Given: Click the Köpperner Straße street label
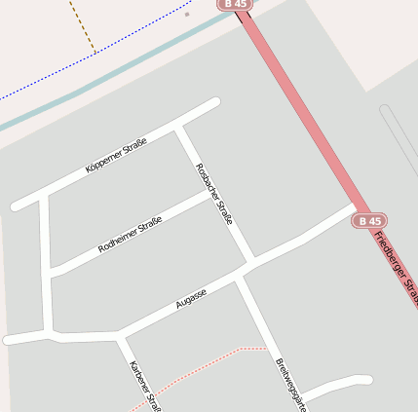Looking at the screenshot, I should pyautogui.click(x=116, y=157).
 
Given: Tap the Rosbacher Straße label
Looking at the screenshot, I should pyautogui.click(x=214, y=195).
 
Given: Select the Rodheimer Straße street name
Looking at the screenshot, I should pyautogui.click(x=130, y=235).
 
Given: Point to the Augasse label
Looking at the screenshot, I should pyautogui.click(x=191, y=298).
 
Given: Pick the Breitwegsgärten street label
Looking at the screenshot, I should pyautogui.click(x=291, y=384).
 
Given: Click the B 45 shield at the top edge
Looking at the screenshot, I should pyautogui.click(x=235, y=5).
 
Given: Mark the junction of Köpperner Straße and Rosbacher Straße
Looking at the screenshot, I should pyautogui.click(x=177, y=126).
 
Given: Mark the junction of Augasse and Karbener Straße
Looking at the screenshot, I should pyautogui.click(x=120, y=335).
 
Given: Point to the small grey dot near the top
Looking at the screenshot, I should pyautogui.click(x=186, y=15).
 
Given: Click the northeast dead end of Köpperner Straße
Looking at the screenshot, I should pyautogui.click(x=213, y=101).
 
